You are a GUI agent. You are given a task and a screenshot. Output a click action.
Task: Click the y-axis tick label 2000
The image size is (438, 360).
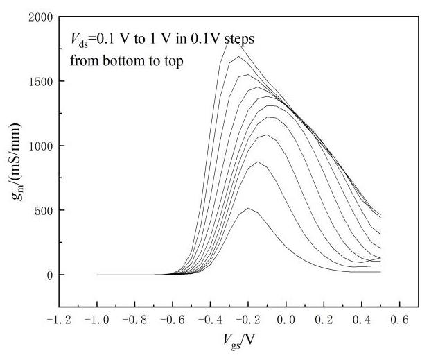40,17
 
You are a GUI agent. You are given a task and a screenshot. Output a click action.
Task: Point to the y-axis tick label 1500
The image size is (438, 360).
40,81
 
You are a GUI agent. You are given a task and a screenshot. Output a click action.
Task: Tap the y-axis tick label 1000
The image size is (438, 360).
40,146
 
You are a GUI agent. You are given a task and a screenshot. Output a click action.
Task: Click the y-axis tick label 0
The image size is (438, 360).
49,275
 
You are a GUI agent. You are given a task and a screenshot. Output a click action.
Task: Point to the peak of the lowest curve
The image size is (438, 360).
249,208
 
